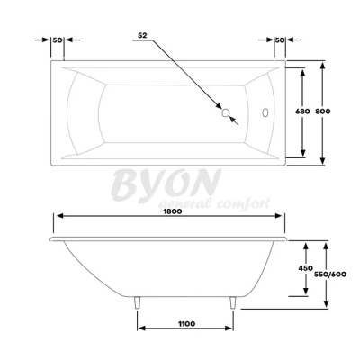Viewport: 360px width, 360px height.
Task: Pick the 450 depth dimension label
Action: coord(306,267)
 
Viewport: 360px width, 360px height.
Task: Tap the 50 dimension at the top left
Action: coord(58,40)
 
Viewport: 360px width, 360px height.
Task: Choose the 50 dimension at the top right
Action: coord(280,40)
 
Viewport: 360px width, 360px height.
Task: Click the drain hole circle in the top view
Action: coord(226,113)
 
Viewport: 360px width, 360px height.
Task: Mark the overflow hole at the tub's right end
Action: coord(266,113)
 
